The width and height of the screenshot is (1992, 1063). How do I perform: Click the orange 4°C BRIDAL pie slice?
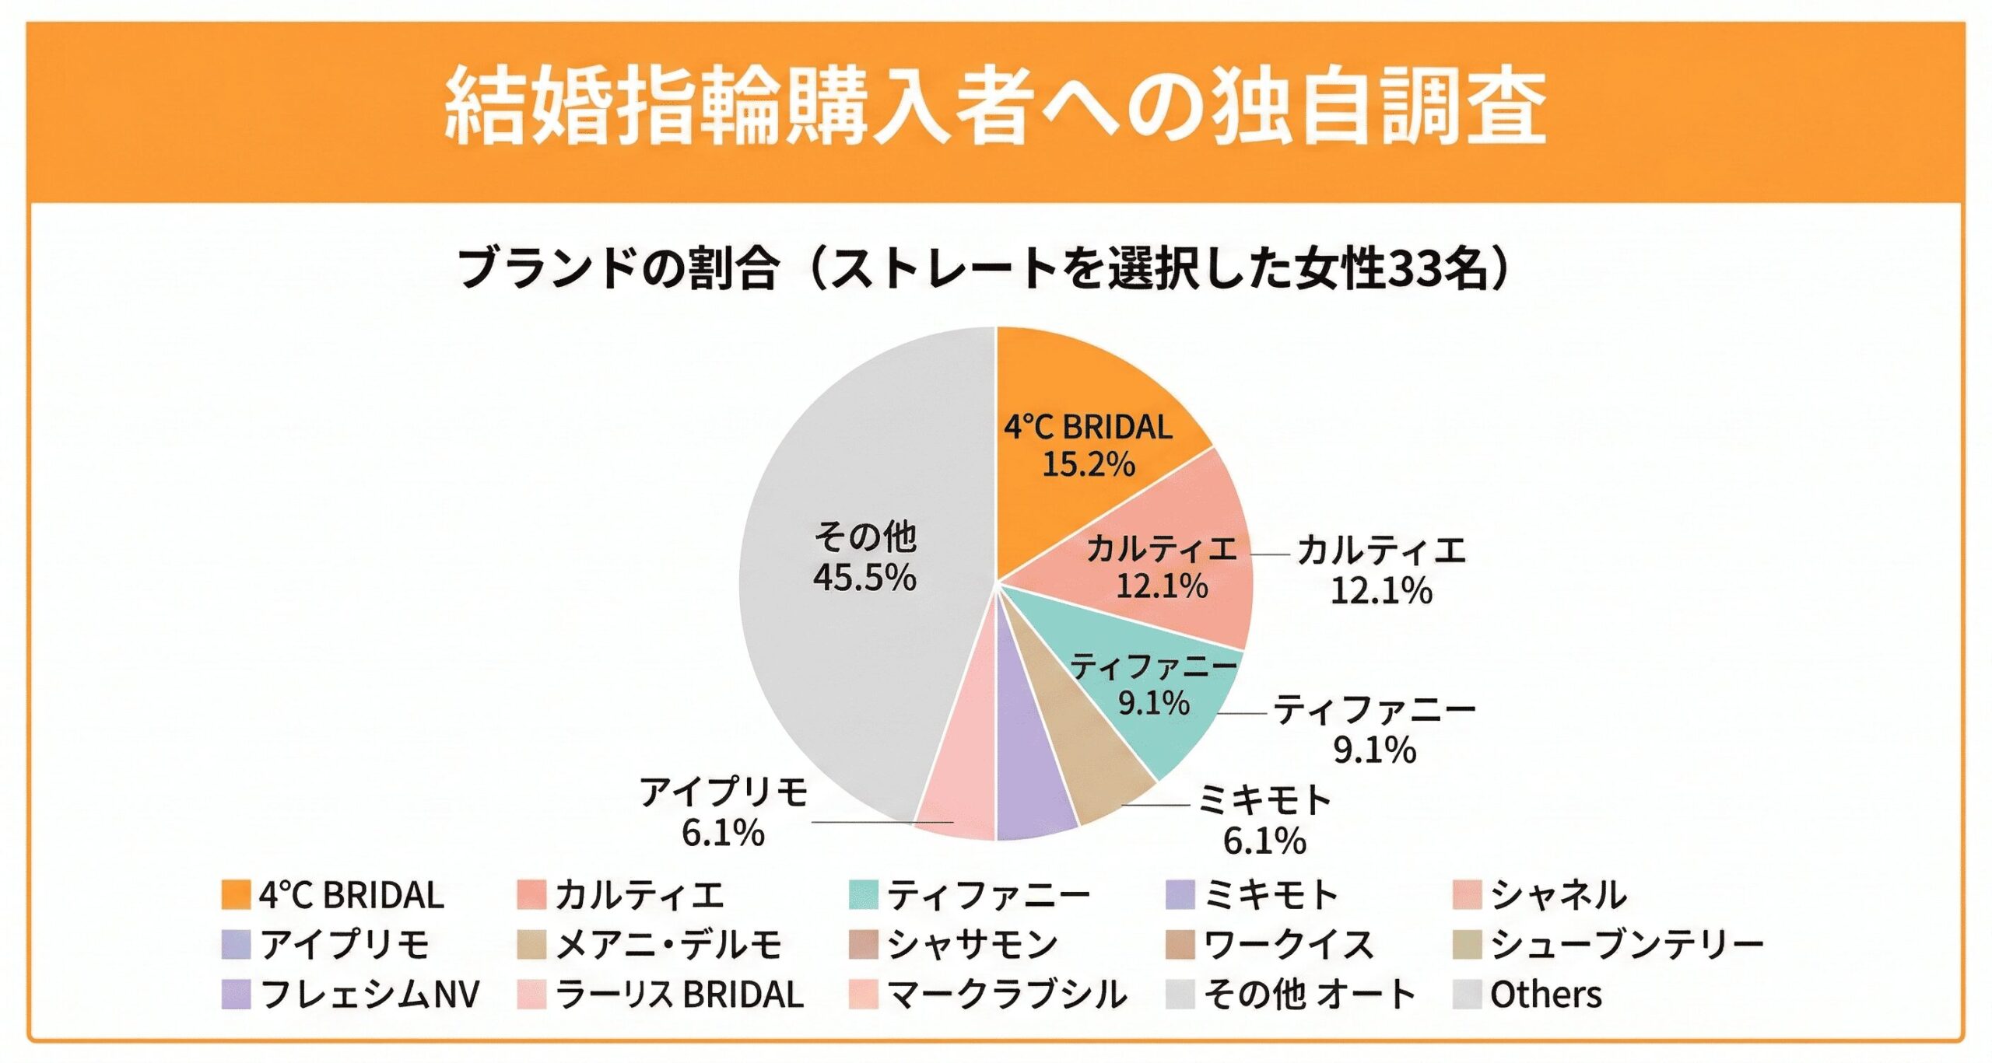point(1089,389)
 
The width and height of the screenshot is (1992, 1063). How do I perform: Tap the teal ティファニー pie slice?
point(1167,723)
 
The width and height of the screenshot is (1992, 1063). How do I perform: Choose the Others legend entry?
point(1545,995)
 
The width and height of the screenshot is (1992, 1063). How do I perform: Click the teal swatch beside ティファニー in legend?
point(864,895)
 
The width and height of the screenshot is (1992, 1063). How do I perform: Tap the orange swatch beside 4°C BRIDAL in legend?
point(236,895)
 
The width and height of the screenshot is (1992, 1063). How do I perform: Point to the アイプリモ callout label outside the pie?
point(724,813)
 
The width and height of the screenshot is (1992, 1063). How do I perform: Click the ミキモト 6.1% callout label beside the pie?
point(1264,820)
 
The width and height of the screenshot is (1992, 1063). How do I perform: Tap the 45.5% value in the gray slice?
point(864,578)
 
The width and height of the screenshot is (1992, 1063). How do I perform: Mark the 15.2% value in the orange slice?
point(1088,464)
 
